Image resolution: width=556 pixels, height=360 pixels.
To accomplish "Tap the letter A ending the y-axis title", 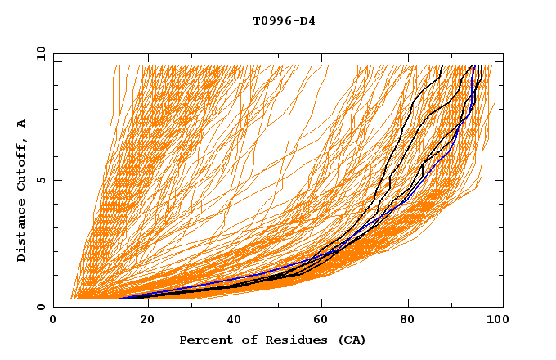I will [21, 124].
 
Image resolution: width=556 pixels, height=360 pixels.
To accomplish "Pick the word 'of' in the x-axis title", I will [246, 340].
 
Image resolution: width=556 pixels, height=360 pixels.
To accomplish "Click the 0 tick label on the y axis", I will [41, 307].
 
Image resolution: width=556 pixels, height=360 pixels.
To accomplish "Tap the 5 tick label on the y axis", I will [41, 180].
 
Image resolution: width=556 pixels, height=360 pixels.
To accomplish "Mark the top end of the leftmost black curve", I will [442, 66].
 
